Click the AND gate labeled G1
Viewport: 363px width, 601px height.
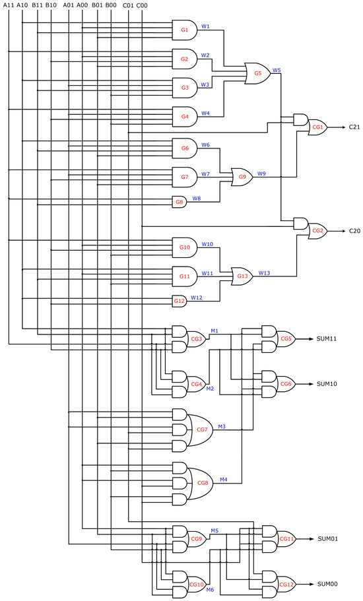pos(184,30)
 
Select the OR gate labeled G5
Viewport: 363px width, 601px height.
pos(257,73)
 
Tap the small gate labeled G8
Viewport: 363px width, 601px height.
pos(179,202)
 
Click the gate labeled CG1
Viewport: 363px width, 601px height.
pos(317,127)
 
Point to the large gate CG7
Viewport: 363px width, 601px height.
pos(201,429)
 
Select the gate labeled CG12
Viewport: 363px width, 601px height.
pos(286,585)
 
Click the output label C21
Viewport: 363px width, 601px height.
pos(354,127)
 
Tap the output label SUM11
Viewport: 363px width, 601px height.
pos(327,339)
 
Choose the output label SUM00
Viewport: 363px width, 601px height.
pos(327,585)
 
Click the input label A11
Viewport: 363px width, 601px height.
pos(9,5)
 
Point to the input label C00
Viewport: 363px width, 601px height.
pos(142,5)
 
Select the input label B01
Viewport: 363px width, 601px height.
pos(97,5)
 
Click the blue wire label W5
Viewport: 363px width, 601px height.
pos(276,69)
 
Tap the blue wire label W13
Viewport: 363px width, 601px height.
pos(264,272)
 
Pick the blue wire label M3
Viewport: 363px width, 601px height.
pos(222,426)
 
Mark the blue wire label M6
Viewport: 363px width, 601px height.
pos(210,590)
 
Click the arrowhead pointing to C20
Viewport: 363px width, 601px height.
pos(342,231)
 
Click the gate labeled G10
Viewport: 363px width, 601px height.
pos(184,247)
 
